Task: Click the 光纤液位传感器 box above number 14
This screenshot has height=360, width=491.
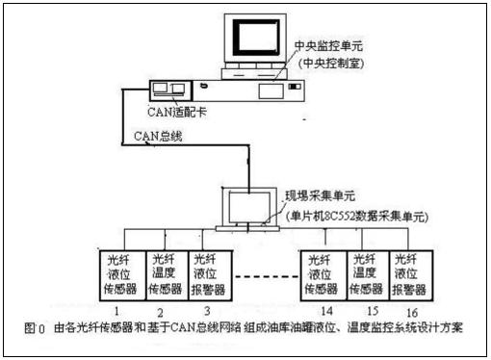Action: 321,273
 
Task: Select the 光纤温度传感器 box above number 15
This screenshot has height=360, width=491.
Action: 364,273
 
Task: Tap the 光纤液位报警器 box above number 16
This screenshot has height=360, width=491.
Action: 409,273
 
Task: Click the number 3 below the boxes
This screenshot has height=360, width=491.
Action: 206,311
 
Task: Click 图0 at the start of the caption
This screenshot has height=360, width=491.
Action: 35,328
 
